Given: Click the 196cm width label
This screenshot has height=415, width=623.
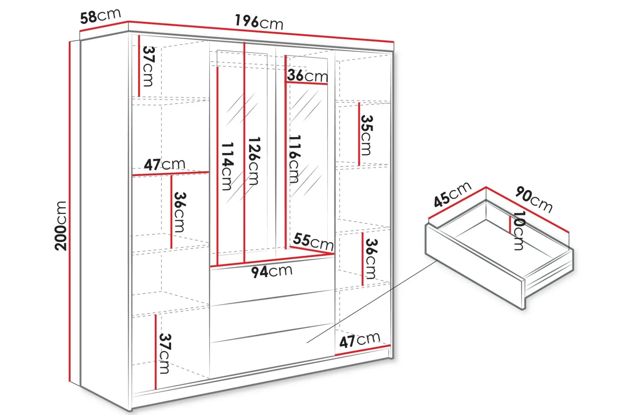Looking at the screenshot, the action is [x=259, y=22].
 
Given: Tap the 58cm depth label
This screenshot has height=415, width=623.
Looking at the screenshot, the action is [x=100, y=16].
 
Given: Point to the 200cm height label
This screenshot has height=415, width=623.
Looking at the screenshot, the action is [x=61, y=226].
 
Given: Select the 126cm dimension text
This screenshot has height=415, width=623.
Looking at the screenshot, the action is [x=254, y=161].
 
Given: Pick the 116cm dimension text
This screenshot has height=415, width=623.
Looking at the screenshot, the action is [x=294, y=159].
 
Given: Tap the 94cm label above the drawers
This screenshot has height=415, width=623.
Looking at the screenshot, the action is [x=272, y=271].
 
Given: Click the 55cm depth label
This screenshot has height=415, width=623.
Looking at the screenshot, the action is [x=313, y=242].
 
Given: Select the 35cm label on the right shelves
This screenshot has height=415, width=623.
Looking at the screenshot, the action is [x=366, y=135].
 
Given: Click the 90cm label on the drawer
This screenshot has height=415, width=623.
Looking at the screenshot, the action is [x=534, y=199].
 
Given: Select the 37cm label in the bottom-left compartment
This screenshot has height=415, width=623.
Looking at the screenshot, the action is [x=164, y=353].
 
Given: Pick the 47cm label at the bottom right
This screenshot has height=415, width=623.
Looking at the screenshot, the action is [x=360, y=340].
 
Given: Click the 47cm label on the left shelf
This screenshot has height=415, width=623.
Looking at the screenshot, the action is [x=164, y=165].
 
